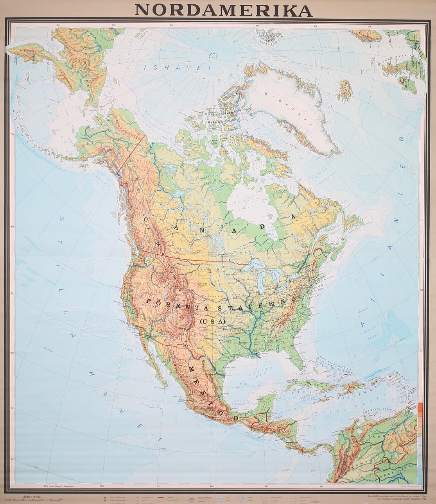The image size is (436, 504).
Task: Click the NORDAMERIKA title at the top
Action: point(223,10)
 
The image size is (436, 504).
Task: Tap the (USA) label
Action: point(212,321)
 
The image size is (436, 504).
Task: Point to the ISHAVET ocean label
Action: point(178,68)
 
